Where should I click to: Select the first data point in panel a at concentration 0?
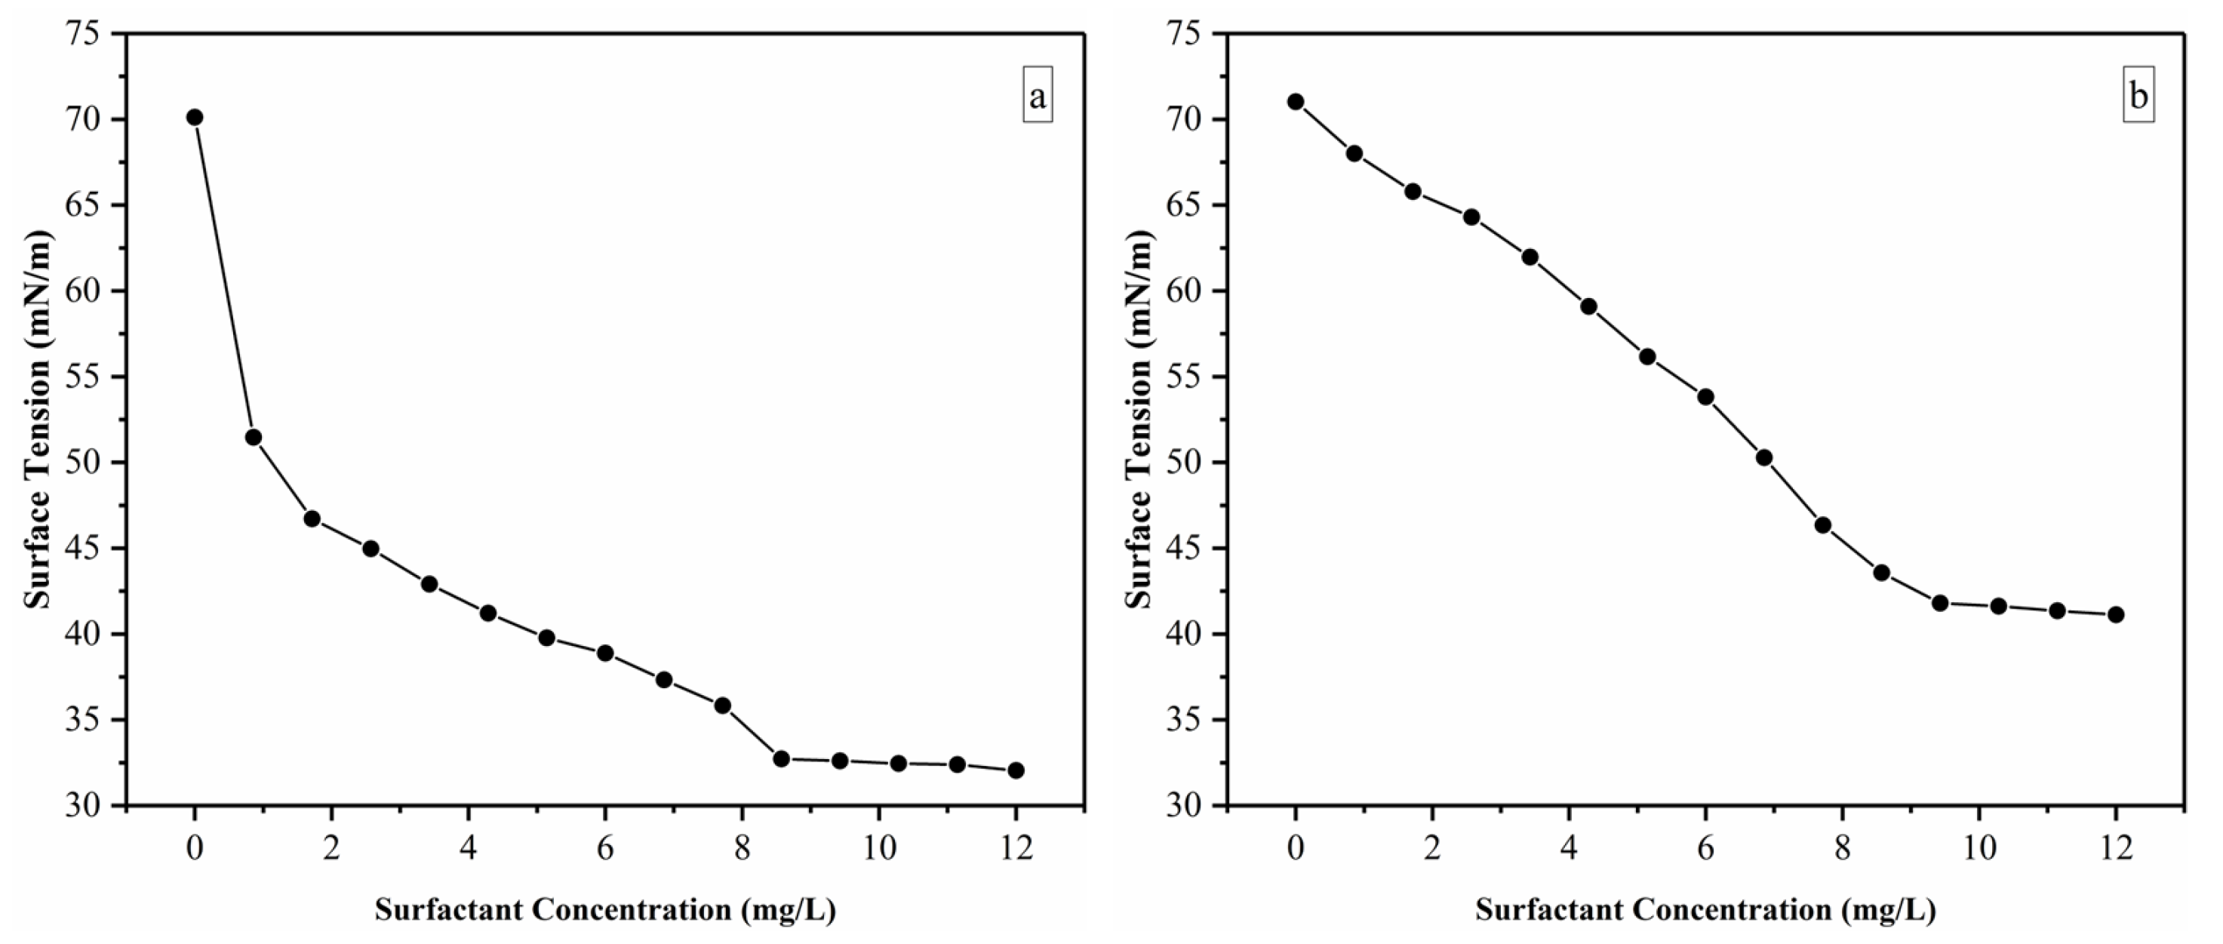(x=194, y=118)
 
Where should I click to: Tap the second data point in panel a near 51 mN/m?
(x=253, y=438)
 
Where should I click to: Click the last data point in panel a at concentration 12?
(x=1016, y=770)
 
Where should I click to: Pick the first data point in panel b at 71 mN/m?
(x=1296, y=102)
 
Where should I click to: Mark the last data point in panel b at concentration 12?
(x=2115, y=614)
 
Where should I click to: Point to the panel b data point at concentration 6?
(x=1705, y=397)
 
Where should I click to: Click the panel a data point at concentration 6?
(x=605, y=653)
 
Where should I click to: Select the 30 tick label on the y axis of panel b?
(x=1182, y=806)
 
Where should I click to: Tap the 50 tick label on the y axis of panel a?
(x=81, y=463)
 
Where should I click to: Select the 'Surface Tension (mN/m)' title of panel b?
(x=1139, y=420)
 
